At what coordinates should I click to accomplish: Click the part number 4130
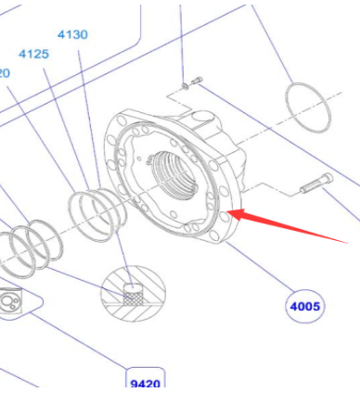click(x=71, y=34)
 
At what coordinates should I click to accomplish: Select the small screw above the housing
click(x=192, y=83)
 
